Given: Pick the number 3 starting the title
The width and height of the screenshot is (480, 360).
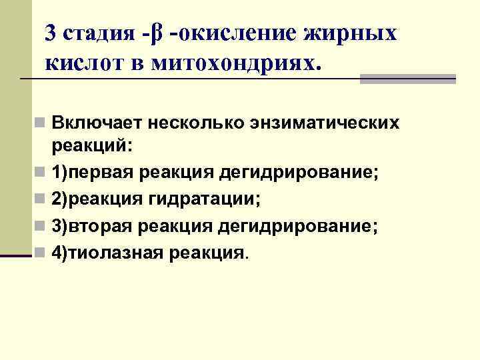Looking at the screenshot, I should [51, 32].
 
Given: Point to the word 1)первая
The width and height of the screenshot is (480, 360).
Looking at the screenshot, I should [93, 173].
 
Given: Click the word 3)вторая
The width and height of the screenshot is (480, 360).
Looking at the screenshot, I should [91, 226].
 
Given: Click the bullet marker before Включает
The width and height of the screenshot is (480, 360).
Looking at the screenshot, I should [41, 124].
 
